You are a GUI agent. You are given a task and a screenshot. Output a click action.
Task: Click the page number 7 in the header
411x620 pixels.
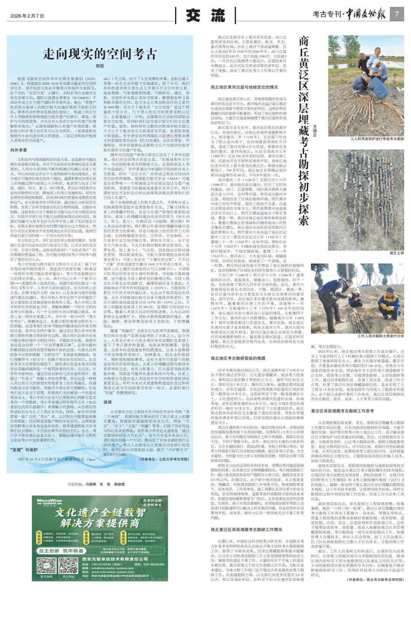(x=397, y=14)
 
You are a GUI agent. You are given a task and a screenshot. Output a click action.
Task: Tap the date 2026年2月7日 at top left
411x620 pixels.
(x=27, y=16)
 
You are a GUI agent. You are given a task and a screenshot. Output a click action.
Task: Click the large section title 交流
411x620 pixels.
(x=205, y=16)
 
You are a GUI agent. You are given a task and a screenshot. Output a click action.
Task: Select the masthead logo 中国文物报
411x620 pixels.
(x=366, y=14)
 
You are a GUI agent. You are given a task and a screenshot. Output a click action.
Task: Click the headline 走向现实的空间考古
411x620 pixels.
(x=100, y=54)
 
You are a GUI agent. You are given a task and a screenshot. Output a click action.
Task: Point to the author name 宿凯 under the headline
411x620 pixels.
(x=100, y=66)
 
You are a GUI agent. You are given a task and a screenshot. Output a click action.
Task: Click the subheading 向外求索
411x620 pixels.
(x=19, y=150)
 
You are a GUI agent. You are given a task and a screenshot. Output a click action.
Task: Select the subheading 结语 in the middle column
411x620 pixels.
(x=108, y=402)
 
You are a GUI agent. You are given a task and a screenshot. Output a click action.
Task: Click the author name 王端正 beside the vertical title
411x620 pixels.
(x=315, y=130)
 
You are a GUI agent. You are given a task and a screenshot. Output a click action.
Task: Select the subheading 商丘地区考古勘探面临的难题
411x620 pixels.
(x=238, y=358)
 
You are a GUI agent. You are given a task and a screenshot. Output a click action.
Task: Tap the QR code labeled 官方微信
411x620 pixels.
(x=46, y=565)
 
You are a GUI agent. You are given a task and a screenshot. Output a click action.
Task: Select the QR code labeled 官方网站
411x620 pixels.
(x=68, y=565)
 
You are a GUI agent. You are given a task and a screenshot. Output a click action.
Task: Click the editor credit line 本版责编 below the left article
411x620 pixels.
(x=96, y=484)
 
